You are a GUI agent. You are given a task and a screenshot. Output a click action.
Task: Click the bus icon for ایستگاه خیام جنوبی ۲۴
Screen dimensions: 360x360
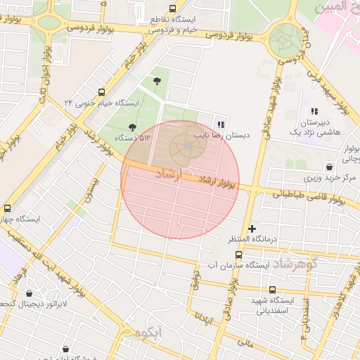(103, 92)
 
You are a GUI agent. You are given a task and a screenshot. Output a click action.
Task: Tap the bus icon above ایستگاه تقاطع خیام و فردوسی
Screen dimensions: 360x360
(153, 9)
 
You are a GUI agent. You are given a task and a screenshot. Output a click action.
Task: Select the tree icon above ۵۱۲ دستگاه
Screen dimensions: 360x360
(132, 127)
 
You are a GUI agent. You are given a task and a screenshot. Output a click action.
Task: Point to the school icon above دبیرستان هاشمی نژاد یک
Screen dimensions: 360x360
(314, 111)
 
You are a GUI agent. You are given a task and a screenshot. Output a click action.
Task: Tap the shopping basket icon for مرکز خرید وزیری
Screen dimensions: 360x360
(329, 166)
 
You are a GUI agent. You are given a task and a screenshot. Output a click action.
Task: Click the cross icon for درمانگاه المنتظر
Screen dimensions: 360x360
(252, 229)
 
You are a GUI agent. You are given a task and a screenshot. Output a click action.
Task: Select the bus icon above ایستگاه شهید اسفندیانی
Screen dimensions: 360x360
(273, 290)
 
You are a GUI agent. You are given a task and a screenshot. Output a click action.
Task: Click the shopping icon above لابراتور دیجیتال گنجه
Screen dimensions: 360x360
(29, 292)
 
